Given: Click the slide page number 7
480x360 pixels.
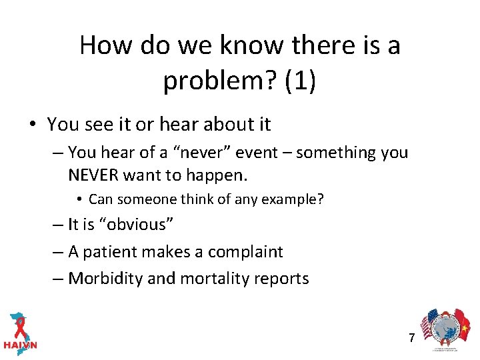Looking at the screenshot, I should click(x=411, y=337).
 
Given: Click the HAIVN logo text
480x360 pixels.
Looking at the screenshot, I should click(x=20, y=345).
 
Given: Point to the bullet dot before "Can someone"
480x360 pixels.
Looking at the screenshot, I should click(x=79, y=199).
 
